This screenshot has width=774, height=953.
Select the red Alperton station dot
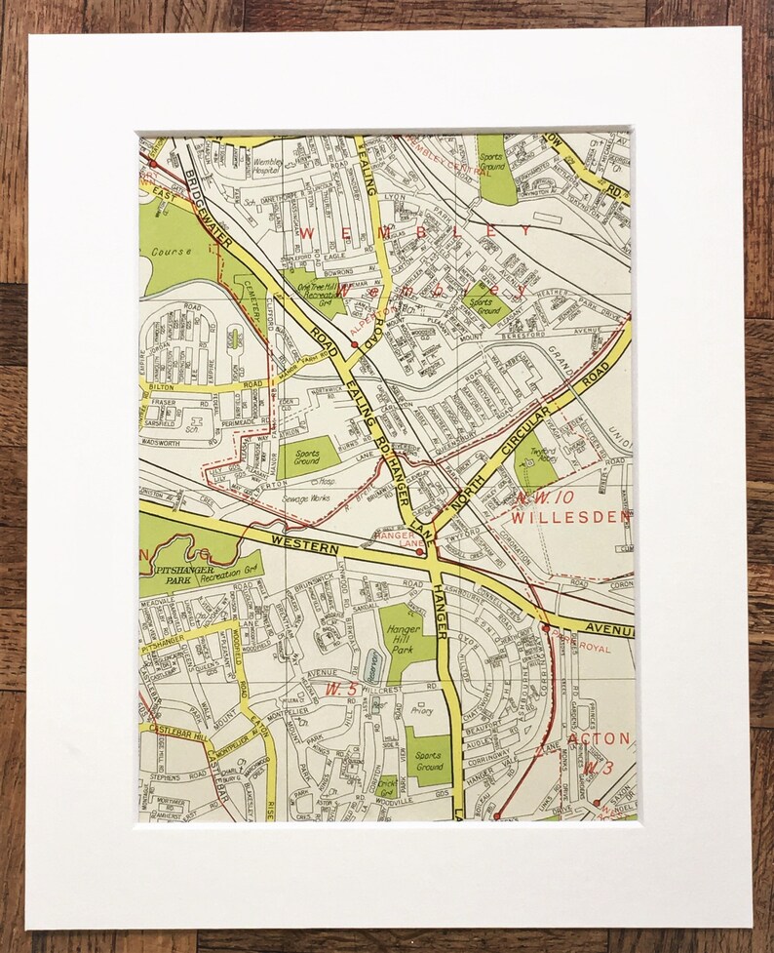pos(353,344)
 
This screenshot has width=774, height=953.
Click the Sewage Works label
pos(306,497)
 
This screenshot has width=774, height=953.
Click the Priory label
pos(421,712)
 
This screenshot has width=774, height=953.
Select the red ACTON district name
pos(599,738)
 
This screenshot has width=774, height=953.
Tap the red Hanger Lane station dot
pos(420,552)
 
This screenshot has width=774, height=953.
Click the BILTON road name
pos(162,386)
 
